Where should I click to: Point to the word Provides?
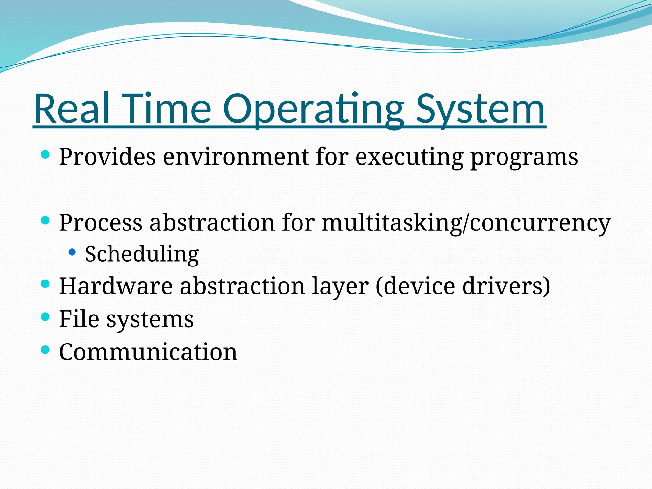coord(107,157)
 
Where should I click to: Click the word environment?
coord(236,157)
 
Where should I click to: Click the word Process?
coord(101,223)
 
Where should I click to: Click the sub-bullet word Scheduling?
coord(142,254)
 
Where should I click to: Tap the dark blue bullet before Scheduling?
coord(72,252)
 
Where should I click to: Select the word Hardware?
coord(116,286)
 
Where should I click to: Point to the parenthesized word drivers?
coord(506,286)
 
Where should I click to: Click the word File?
coord(79,319)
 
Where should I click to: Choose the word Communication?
coord(148,352)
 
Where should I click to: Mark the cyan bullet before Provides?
coord(46,155)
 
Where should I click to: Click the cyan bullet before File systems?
coord(46,317)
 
